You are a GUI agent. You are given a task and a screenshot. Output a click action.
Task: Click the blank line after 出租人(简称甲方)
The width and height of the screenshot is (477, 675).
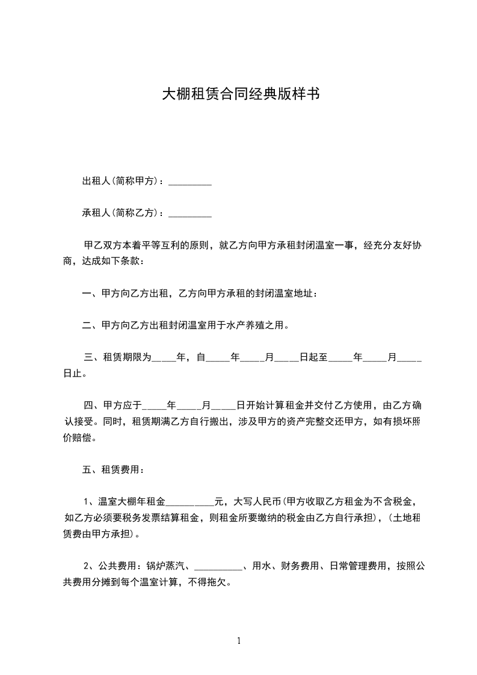click(189, 182)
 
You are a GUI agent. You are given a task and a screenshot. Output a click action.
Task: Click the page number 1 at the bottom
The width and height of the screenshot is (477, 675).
click(239, 641)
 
